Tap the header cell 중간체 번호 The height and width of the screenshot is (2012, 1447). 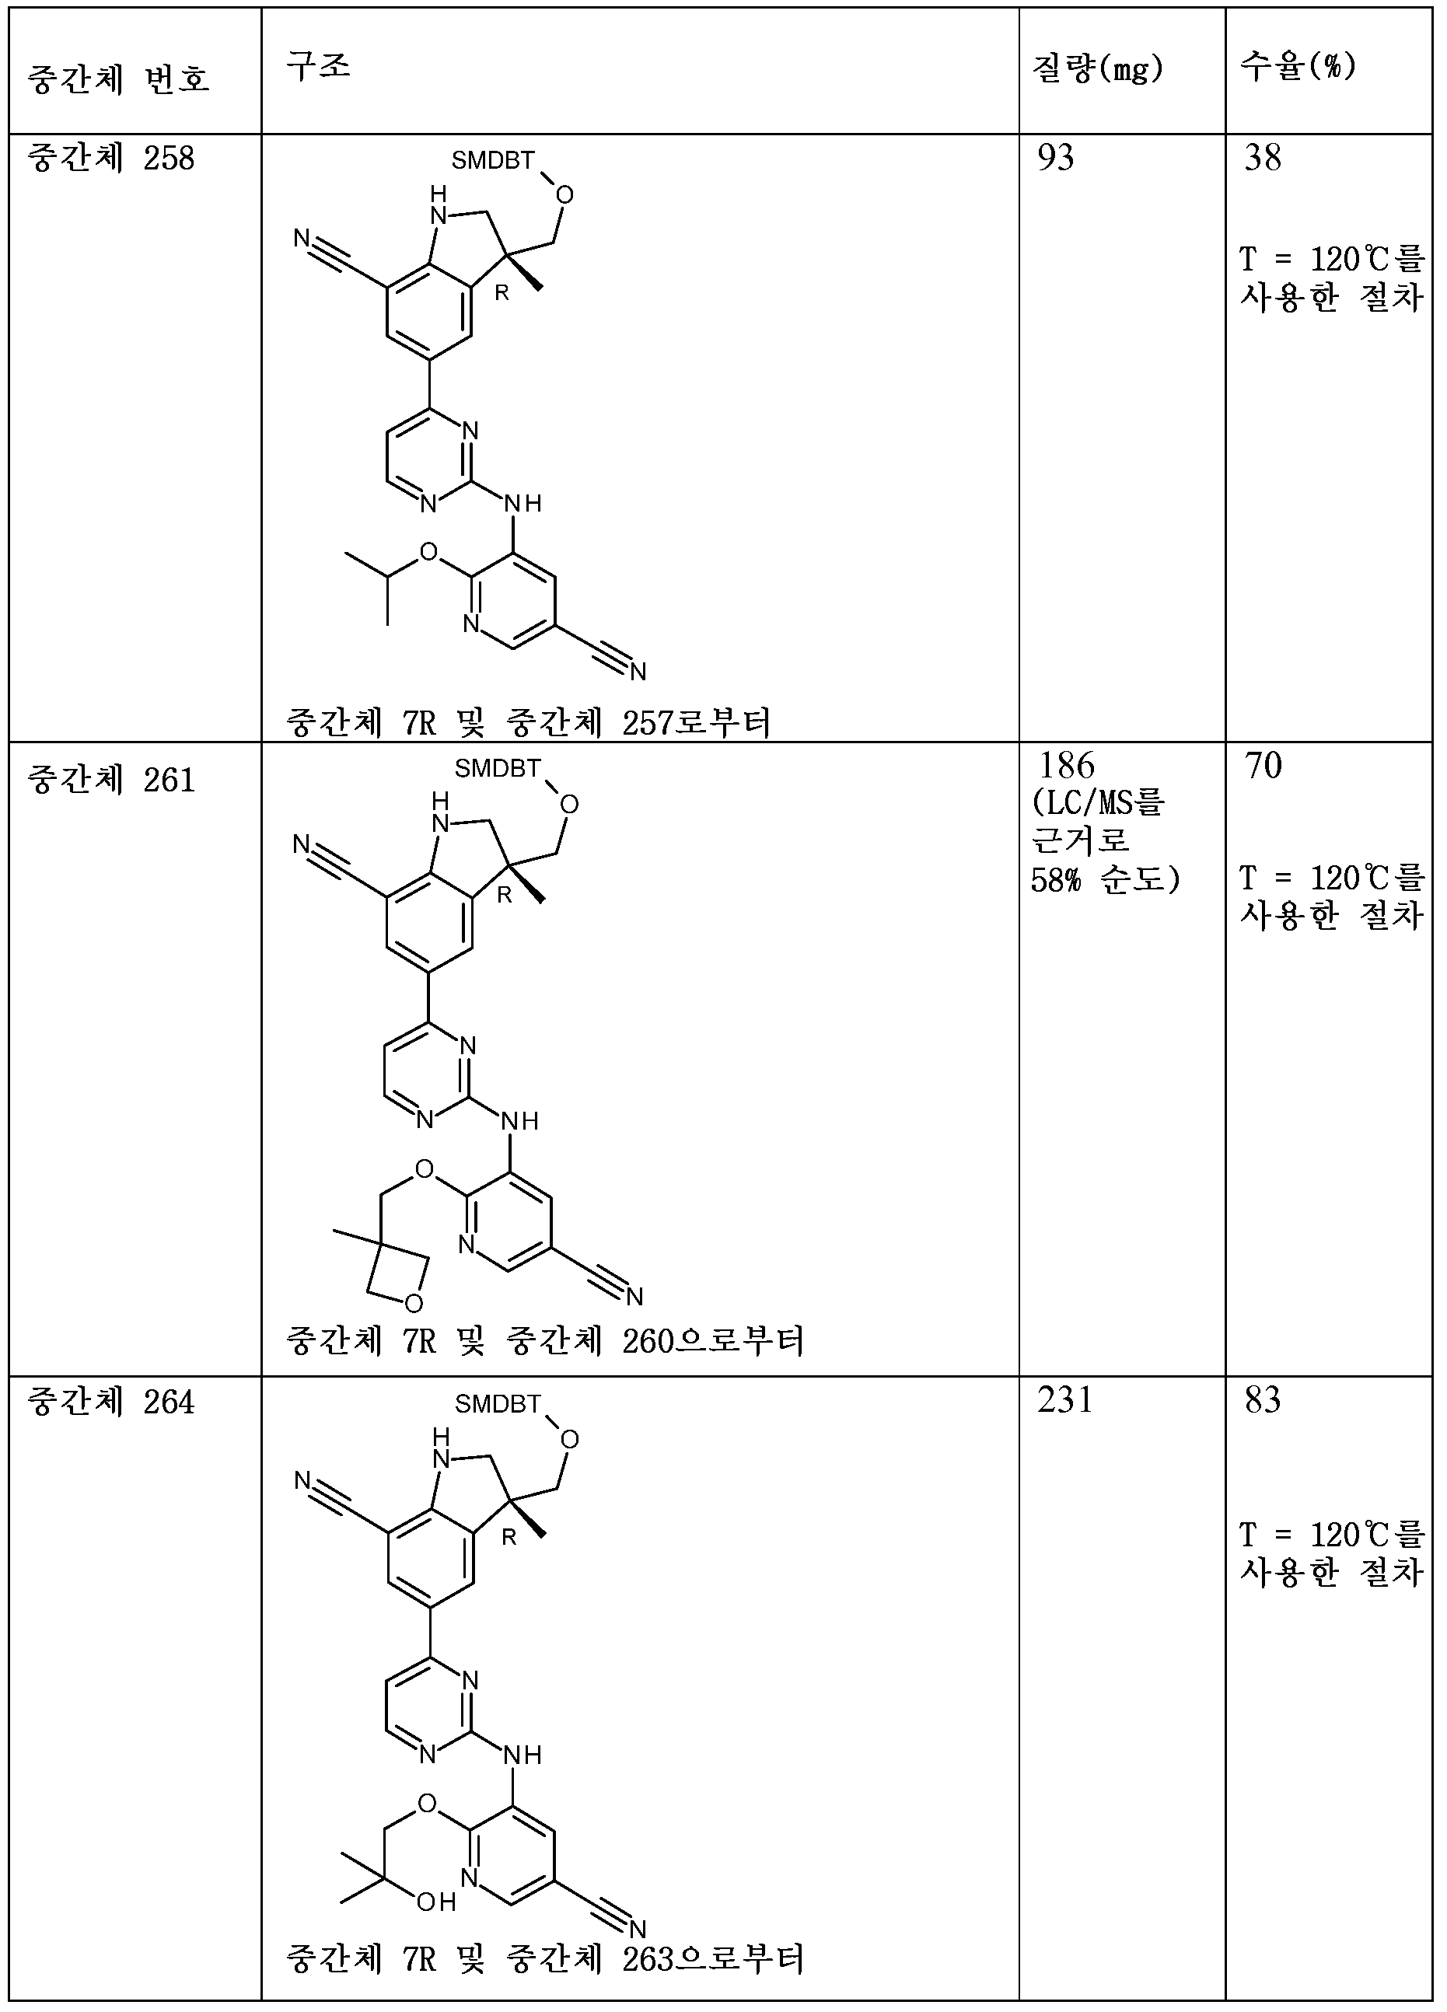point(118,80)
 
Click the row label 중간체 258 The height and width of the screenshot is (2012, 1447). point(111,159)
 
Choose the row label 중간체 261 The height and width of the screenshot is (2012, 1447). point(111,780)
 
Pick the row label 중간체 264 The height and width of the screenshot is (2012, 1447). point(111,1402)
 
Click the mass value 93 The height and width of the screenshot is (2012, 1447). point(1056,158)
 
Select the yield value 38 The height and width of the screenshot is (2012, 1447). point(1263,158)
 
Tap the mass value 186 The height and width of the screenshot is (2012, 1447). point(1067,766)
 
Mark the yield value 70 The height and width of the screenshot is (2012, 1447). point(1264,766)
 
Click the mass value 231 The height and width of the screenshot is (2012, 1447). point(1064,1400)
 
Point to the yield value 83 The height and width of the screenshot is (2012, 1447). point(1263,1400)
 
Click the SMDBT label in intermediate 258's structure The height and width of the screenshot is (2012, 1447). point(492,161)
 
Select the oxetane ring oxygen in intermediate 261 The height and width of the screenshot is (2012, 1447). point(413,1303)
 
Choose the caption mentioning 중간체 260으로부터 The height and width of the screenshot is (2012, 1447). point(545,1340)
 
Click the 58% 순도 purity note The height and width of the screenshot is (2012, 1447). point(1105,880)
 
